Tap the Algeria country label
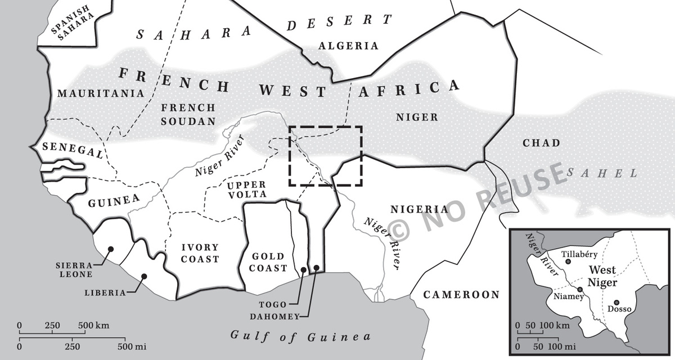click(348, 46)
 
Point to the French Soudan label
click(188, 114)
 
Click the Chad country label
click(541, 143)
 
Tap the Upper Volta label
click(247, 190)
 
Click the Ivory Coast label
click(200, 253)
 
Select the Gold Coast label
click(269, 262)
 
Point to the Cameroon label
click(461, 295)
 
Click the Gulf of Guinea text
click(301, 336)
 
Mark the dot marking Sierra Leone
click(111, 249)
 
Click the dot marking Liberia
click(144, 276)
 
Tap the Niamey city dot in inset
click(580, 289)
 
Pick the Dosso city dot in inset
click(616, 302)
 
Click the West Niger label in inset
click(602, 277)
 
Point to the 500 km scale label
click(93, 326)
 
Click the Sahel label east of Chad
click(602, 173)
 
